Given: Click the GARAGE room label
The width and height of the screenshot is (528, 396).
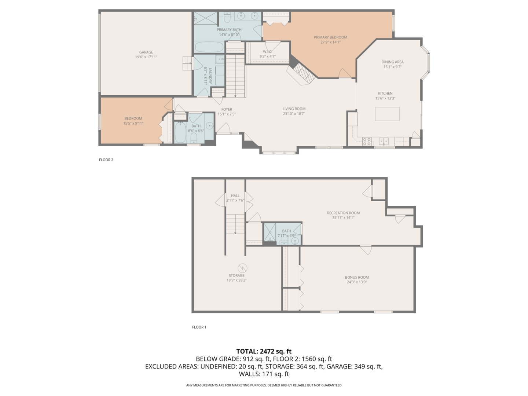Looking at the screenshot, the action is point(146,52).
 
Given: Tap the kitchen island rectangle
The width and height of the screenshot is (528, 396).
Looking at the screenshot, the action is point(387,114).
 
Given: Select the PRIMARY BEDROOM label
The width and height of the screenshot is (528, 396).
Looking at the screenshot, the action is point(330,37).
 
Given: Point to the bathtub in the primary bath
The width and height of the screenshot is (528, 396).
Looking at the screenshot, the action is point(209,47).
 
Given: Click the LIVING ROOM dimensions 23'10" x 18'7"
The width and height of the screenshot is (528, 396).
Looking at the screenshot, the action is point(294,114).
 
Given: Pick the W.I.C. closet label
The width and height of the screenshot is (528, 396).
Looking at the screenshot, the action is point(268,52).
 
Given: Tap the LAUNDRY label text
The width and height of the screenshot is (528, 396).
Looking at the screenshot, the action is point(210,76).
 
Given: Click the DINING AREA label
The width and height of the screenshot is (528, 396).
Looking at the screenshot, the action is point(392,62).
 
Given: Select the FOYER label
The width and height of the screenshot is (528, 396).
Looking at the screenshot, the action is point(227,109).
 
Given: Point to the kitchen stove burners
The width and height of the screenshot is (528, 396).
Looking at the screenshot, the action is point(367,142).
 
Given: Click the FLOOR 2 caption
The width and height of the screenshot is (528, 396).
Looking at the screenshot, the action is point(106,160).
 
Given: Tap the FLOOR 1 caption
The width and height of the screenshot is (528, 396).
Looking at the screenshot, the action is point(199,327).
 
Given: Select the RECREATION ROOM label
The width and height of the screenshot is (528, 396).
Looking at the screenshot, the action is point(343,213).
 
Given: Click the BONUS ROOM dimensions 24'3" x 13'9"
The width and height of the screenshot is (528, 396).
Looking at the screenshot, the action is point(357,282).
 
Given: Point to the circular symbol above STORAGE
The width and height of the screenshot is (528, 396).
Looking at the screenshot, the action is point(242,268).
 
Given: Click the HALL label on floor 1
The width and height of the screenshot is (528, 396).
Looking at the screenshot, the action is point(235,196).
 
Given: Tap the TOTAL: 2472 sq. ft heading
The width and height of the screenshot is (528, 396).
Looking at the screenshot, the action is point(264,351).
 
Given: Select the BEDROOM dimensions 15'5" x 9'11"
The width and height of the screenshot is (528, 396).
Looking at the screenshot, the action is point(133,123).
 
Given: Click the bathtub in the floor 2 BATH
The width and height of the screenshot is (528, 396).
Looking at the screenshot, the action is point(180,132).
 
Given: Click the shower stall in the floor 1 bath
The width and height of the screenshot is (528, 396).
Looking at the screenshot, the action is point(270,232).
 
